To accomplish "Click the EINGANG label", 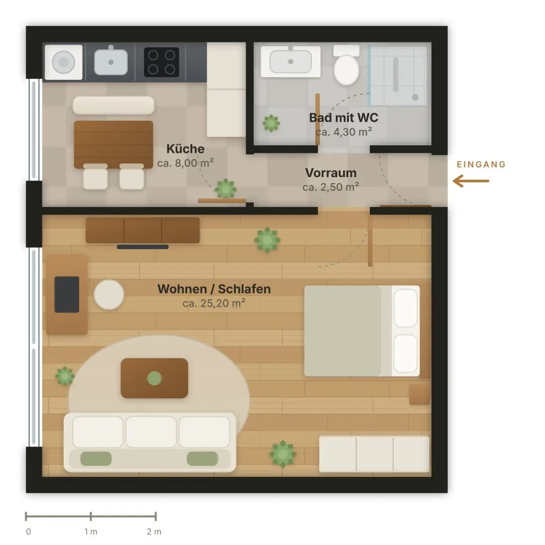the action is [x=481, y=165].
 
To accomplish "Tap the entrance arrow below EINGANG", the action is [x=471, y=181].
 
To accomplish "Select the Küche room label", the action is [x=185, y=149].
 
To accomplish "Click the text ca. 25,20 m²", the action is [x=214, y=303].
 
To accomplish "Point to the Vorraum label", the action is [x=331, y=173].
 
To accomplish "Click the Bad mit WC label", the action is [x=344, y=118].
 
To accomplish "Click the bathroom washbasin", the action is [x=291, y=62].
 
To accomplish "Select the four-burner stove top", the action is [x=161, y=62].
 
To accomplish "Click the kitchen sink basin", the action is [x=111, y=62].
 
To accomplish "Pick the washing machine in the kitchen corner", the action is [x=64, y=62].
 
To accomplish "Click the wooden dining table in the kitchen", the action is [x=114, y=144].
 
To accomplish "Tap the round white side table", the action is [x=109, y=295].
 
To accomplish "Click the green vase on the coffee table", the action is [x=154, y=378].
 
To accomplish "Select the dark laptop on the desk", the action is [x=67, y=294].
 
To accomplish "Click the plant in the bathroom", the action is [x=271, y=123].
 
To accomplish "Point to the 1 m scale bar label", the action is [x=91, y=531].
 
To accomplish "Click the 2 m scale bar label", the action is [x=154, y=531].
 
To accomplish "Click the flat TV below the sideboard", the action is [x=142, y=247].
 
